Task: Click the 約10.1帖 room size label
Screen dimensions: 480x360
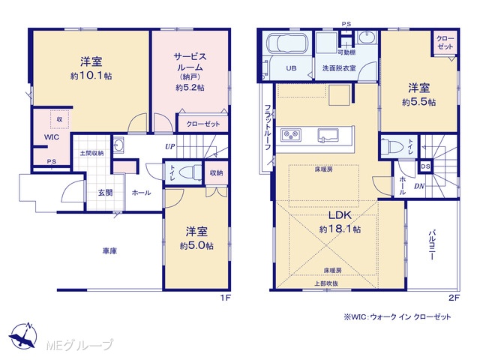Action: [x=91, y=76]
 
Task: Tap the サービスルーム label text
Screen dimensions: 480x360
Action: [x=190, y=61]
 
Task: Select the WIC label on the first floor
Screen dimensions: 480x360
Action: [x=52, y=136]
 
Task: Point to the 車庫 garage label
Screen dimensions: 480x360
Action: [x=109, y=251]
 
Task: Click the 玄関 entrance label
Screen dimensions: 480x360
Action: [x=105, y=193]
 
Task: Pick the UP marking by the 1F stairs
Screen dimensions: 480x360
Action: [x=170, y=147]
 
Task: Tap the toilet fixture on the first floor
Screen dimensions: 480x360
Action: [x=190, y=172]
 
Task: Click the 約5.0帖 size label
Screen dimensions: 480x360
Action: [x=196, y=246]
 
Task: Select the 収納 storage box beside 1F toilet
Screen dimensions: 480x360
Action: [x=216, y=172]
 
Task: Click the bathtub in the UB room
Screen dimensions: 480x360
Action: [x=286, y=43]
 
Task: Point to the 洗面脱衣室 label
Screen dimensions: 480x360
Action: [x=339, y=68]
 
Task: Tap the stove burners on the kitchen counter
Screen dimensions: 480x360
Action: [x=290, y=135]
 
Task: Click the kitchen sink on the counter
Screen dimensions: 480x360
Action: [x=327, y=135]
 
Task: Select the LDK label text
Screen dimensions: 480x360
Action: [x=340, y=215]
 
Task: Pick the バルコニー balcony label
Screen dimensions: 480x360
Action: [x=432, y=244]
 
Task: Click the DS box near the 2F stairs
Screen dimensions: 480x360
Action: [x=425, y=166]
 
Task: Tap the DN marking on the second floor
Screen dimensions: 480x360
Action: [x=419, y=186]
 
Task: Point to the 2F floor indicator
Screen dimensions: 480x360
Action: [x=454, y=298]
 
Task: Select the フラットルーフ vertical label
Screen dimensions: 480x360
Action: [x=268, y=127]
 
